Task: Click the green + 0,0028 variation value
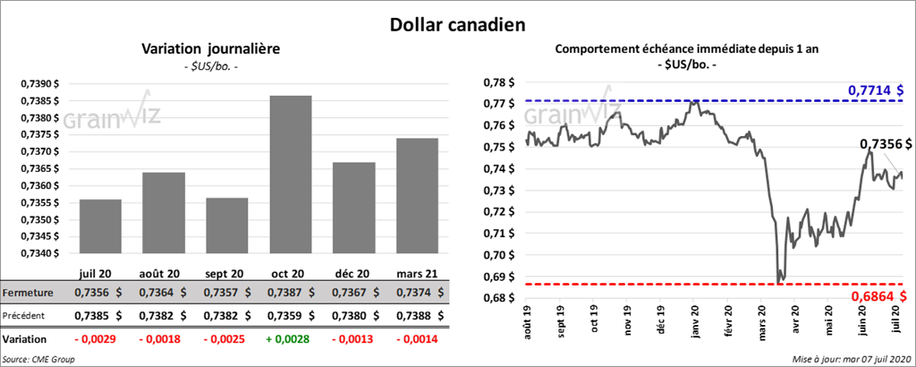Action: pos(292,340)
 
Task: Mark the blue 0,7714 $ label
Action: pos(876,90)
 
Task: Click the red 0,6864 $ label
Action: pos(876,294)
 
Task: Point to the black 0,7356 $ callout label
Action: pos(885,143)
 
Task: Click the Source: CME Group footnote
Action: pos(38,359)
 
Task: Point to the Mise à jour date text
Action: pos(851,359)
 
